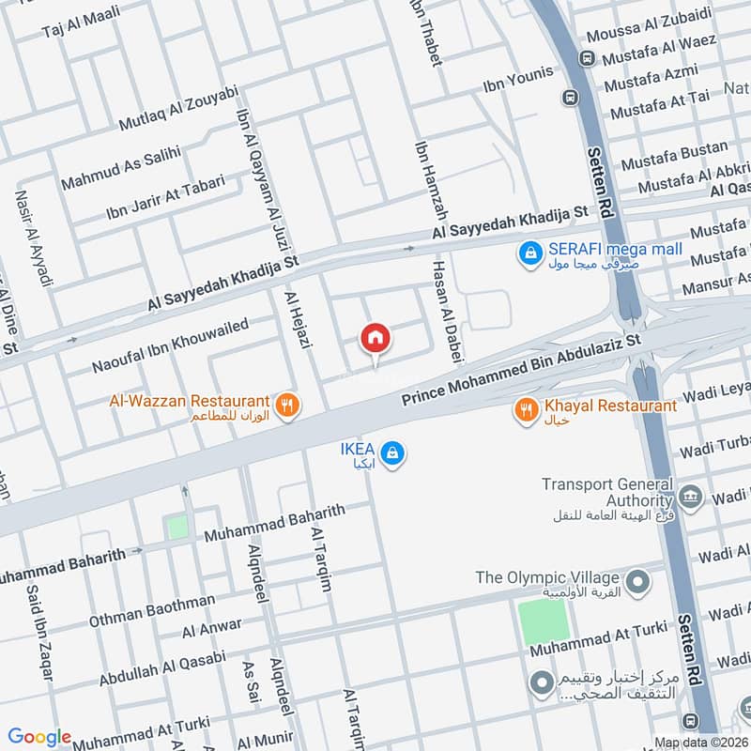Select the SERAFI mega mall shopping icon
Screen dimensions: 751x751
(530, 253)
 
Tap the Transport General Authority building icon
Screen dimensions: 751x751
(690, 496)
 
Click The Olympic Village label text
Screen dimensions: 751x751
(549, 576)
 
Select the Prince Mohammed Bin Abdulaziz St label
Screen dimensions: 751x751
(521, 368)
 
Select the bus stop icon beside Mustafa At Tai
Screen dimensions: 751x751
(570, 97)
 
